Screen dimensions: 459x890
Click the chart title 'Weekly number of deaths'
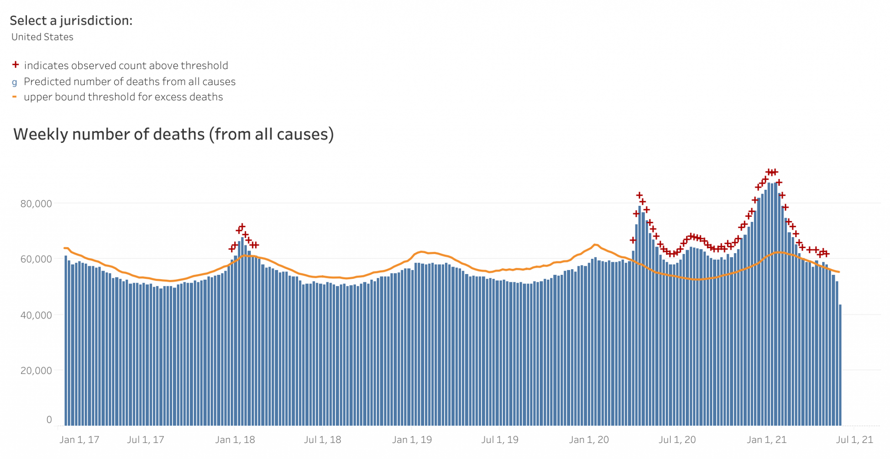173,134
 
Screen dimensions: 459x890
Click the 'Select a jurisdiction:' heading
71,20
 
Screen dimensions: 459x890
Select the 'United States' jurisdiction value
42,37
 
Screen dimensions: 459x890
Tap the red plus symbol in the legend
16,65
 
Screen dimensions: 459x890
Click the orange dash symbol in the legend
15,96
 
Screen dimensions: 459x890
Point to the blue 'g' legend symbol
15,82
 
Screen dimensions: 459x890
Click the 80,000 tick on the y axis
36,204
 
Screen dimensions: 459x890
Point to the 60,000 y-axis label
36,259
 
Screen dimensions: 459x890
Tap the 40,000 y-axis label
36,315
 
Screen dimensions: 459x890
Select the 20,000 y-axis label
36,370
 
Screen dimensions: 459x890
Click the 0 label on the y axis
49,419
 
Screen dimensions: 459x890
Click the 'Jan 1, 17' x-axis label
79,439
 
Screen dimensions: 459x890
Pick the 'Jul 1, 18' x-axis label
322,439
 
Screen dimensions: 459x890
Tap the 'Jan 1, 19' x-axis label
412,439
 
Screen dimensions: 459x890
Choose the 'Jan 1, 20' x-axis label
589,439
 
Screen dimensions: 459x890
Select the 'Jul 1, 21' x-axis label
854,439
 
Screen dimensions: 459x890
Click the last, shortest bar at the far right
840,365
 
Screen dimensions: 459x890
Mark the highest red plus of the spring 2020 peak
639,195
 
